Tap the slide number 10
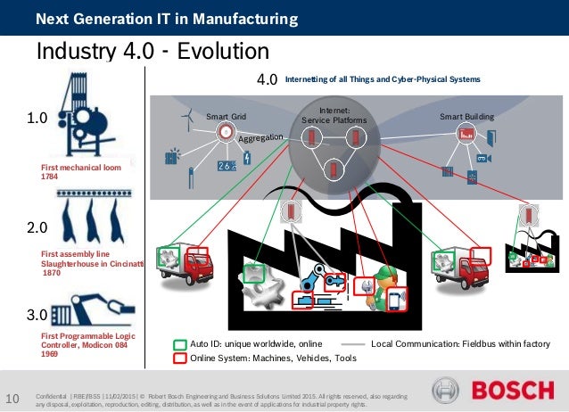pyautogui.click(x=13, y=398)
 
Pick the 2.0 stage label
pyautogui.click(x=35, y=228)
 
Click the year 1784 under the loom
pyautogui.click(x=52, y=177)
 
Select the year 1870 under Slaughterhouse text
pyautogui.click(x=54, y=274)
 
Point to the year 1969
pyautogui.click(x=52, y=354)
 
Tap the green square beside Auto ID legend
pyautogui.click(x=180, y=342)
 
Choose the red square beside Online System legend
pyautogui.click(x=180, y=358)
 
